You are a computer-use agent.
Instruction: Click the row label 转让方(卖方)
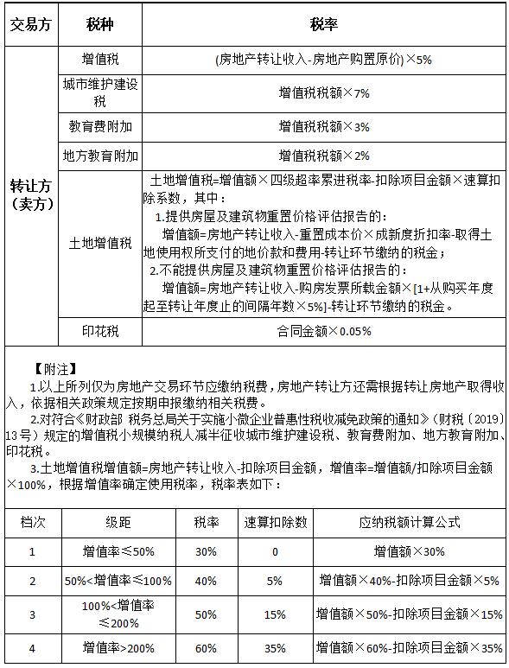coord(31,194)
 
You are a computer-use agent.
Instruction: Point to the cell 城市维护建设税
coord(100,92)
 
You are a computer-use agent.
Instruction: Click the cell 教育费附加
coord(100,126)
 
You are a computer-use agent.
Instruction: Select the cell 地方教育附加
coord(100,156)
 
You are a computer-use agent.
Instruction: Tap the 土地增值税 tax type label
coord(100,244)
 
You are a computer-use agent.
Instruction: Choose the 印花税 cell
coord(100,331)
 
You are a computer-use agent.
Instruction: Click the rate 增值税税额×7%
coord(323,92)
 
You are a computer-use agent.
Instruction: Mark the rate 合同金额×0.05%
coord(323,331)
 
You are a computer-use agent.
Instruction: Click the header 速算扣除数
coord(275,523)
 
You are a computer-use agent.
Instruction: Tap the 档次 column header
coord(32,523)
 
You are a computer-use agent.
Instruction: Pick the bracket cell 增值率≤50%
coord(118,551)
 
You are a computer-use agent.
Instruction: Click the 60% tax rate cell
coord(206,647)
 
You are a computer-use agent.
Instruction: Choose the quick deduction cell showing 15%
coord(275,614)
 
